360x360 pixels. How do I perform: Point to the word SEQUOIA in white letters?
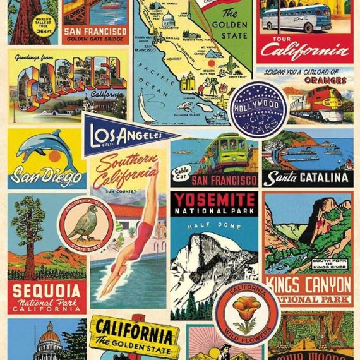coord(47,291)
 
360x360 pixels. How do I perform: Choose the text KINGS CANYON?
coord(308,282)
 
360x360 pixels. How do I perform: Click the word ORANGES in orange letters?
coord(325,80)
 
